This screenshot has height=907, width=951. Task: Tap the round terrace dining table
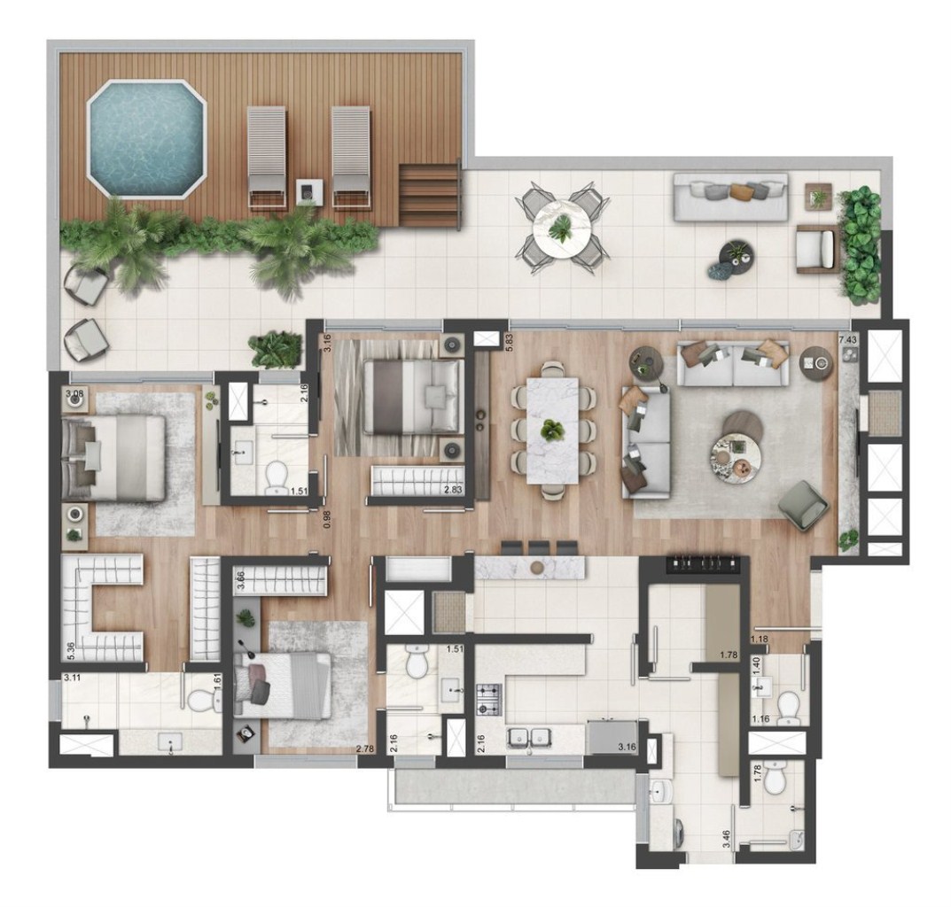(560, 229)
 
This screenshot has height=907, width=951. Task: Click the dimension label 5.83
(509, 341)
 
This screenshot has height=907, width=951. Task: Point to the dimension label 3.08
(74, 393)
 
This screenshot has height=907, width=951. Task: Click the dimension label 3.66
(241, 580)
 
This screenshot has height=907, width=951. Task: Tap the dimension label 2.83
(454, 490)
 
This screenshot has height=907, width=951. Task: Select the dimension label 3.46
(727, 838)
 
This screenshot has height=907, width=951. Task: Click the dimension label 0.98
(328, 519)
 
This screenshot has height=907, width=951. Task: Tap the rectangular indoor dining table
(553, 430)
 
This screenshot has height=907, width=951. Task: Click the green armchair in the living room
(803, 505)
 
